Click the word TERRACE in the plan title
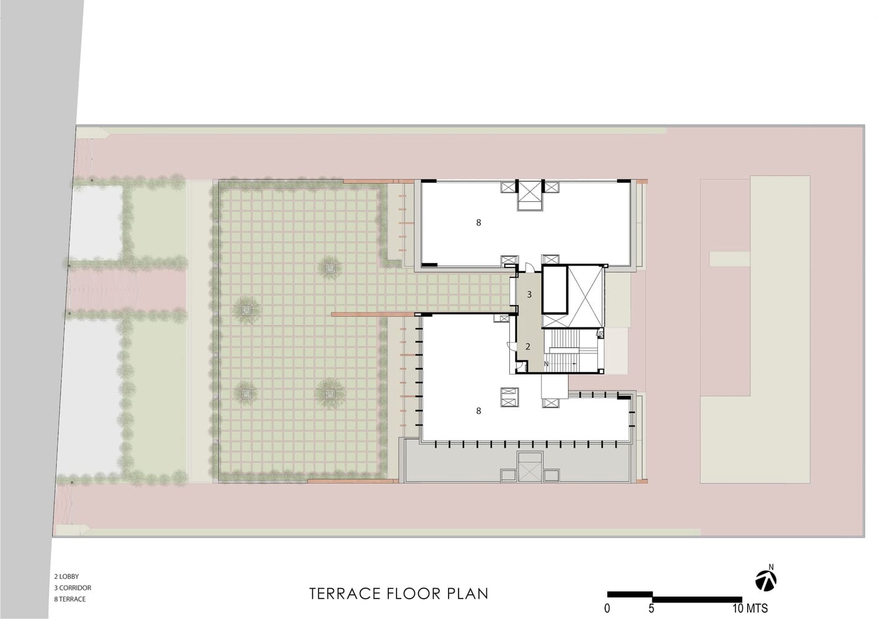pyautogui.click(x=344, y=594)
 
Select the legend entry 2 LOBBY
pyautogui.click(x=66, y=576)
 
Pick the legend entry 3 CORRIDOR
pyautogui.click(x=72, y=587)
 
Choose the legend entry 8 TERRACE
pyautogui.click(x=69, y=599)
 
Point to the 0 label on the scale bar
pyautogui.click(x=607, y=608)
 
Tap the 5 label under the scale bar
pyautogui.click(x=651, y=608)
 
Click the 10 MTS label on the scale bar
pyautogui.click(x=750, y=608)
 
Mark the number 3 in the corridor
pyautogui.click(x=529, y=295)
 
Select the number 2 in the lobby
pyautogui.click(x=528, y=346)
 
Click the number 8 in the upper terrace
pyautogui.click(x=478, y=223)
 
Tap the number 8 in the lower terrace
pyautogui.click(x=478, y=411)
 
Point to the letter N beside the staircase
pyautogui.click(x=546, y=364)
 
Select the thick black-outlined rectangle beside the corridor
pyautogui.click(x=554, y=290)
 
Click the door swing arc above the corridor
pyautogui.click(x=529, y=267)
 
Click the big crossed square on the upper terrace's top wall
pyautogui.click(x=530, y=196)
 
